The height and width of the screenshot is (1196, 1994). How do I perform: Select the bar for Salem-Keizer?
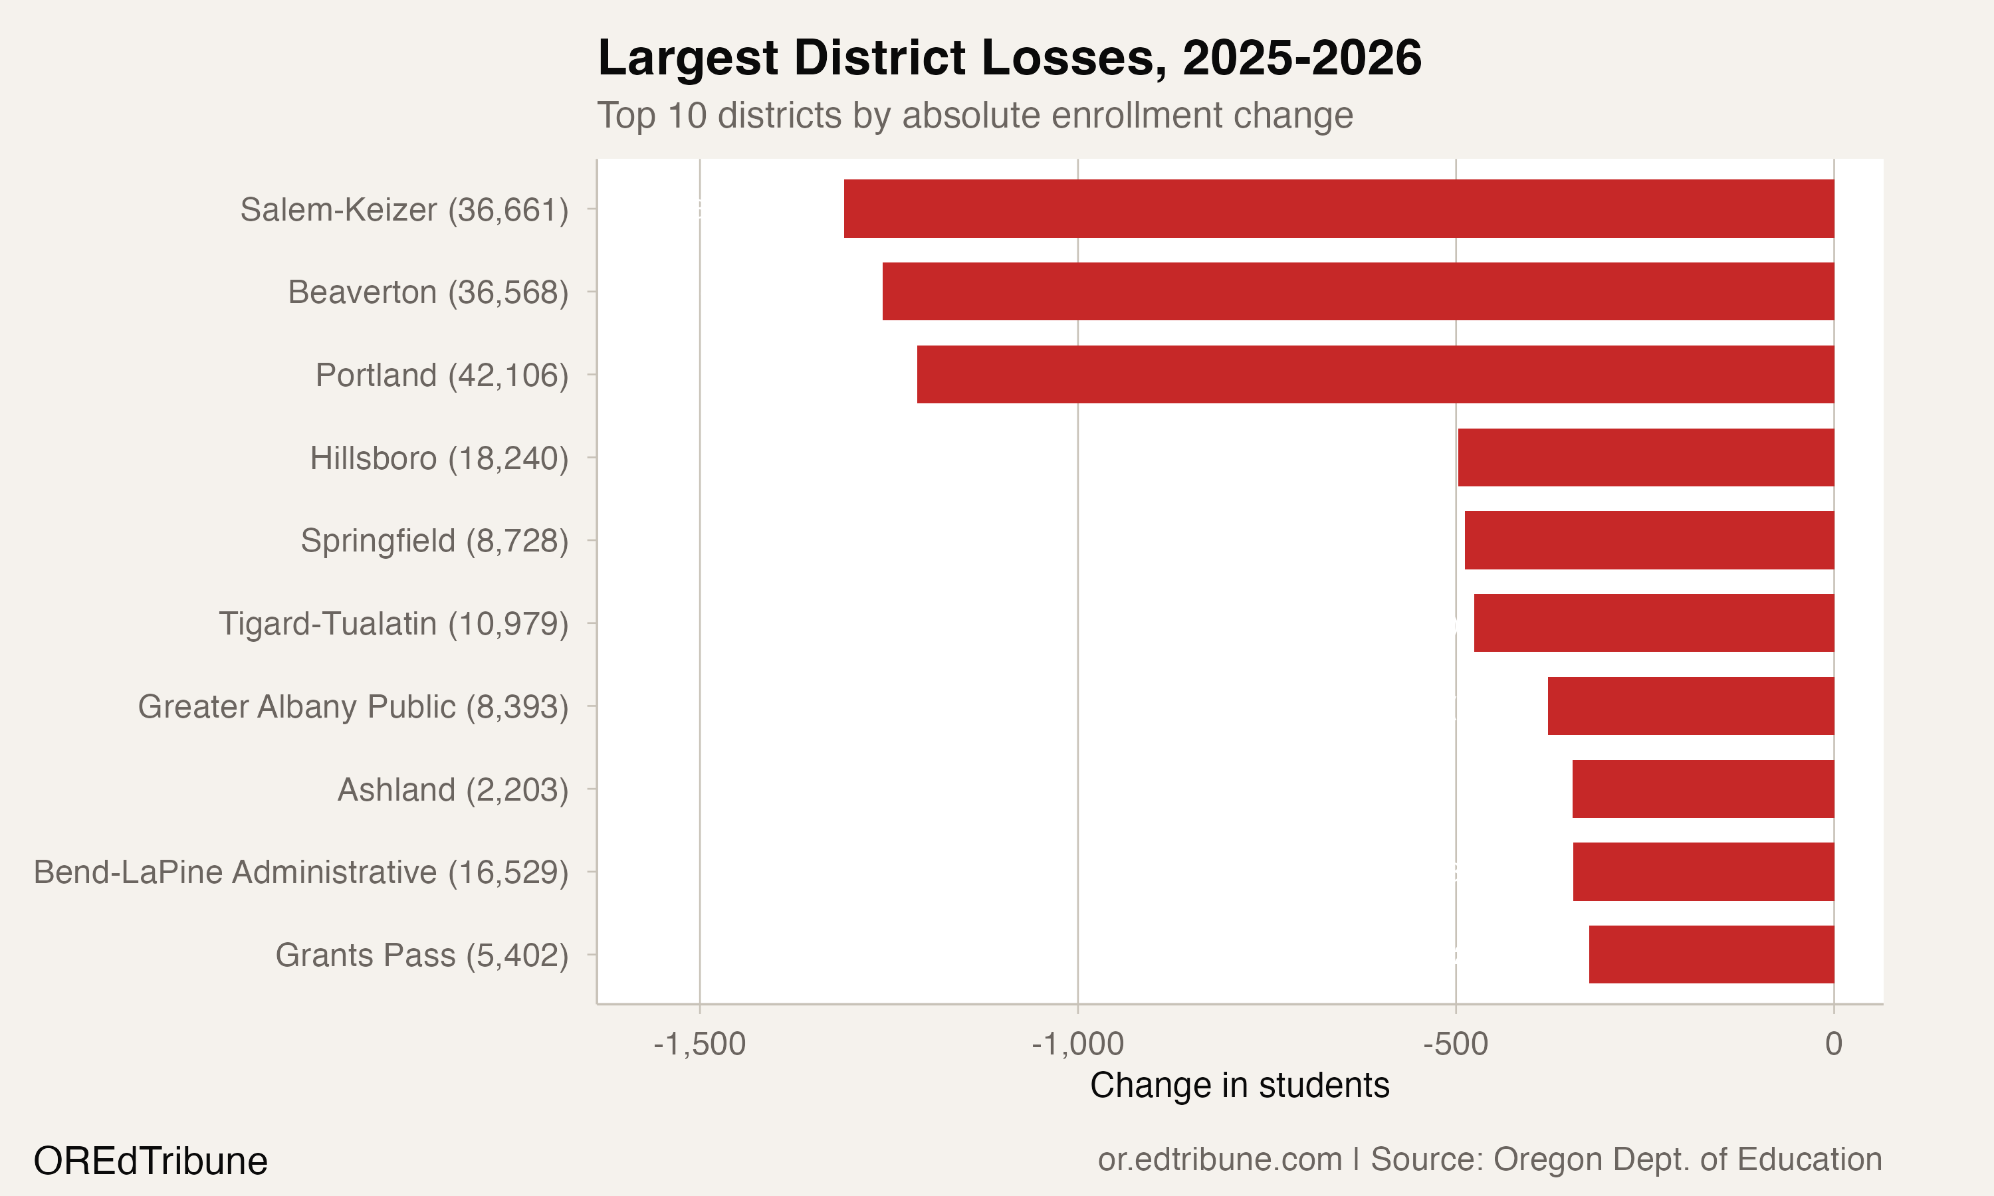(1339, 209)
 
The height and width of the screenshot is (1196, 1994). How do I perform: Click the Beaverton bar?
(1358, 292)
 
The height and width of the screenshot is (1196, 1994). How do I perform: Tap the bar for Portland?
(1375, 375)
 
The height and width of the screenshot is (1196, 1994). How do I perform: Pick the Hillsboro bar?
(1646, 458)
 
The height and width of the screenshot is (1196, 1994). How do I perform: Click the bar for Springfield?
(1649, 540)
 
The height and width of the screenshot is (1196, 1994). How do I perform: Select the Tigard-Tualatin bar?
(1654, 623)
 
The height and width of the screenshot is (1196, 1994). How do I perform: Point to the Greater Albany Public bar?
(1690, 706)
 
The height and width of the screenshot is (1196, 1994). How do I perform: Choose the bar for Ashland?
(1703, 789)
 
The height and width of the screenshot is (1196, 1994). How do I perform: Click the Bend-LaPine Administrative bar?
(1703, 872)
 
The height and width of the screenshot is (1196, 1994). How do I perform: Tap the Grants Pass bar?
(1711, 954)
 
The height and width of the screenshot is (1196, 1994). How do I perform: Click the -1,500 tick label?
(700, 1045)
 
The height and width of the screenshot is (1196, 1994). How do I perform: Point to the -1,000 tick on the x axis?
(1077, 1045)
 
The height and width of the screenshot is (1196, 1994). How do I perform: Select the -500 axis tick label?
(1456, 1045)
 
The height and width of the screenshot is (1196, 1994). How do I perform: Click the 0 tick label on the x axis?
(1834, 1045)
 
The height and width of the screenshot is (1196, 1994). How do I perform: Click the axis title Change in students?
(1240, 1086)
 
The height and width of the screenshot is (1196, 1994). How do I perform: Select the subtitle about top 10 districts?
(974, 115)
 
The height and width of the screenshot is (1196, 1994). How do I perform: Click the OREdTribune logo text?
(151, 1161)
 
